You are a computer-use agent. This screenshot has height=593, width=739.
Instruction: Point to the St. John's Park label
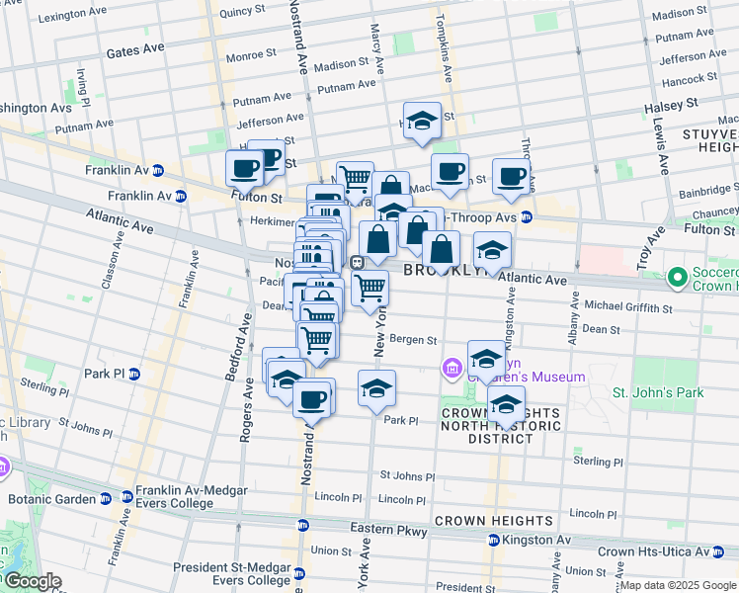click(x=659, y=392)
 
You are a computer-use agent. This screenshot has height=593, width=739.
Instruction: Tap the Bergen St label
click(x=412, y=340)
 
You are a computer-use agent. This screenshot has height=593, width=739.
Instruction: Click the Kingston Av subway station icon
click(x=493, y=541)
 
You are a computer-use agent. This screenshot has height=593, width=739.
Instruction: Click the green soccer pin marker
click(x=677, y=279)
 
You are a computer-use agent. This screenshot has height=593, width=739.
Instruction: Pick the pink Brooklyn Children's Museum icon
click(x=452, y=369)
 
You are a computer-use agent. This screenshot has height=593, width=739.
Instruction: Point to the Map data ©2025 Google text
click(x=678, y=585)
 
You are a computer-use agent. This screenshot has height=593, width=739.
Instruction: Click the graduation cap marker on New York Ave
click(x=376, y=389)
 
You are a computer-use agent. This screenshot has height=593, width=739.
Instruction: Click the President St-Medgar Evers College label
click(x=232, y=574)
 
